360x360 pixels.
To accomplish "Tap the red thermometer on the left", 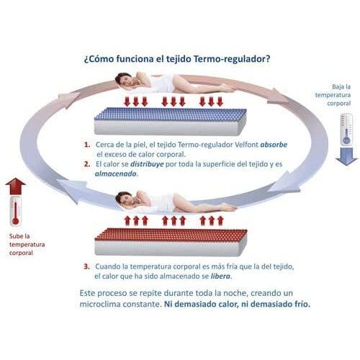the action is (x=15, y=211).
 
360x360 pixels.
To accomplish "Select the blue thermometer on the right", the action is (x=346, y=130).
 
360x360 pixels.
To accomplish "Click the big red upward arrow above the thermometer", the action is (x=16, y=186).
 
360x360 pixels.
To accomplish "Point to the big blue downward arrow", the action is (x=346, y=156).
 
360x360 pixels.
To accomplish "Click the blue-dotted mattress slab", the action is (x=170, y=121).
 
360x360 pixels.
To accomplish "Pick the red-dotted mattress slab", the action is (x=171, y=242).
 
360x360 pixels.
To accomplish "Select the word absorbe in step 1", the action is (x=274, y=145).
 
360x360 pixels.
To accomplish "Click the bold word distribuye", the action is (x=147, y=164).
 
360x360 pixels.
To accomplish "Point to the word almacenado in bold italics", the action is (x=116, y=174).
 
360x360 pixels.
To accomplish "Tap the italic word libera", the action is (x=220, y=276).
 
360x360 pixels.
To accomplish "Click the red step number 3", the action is (x=86, y=266).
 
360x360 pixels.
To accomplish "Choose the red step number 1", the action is (x=87, y=145).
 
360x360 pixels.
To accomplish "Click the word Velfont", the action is (x=246, y=145).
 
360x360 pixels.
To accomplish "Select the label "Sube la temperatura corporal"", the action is (x=27, y=245).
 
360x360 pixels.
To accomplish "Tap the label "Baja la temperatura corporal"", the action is (x=333, y=95).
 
